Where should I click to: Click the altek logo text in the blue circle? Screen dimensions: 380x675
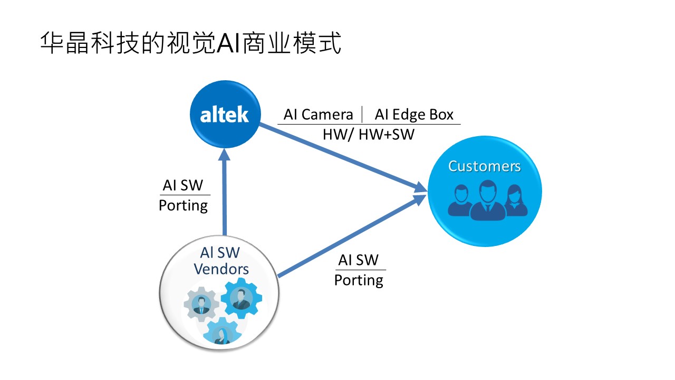pos(224,115)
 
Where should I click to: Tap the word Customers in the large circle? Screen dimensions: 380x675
pos(484,166)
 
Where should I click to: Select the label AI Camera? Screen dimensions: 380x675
pos(318,115)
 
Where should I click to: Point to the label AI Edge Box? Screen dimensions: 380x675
pos(414,115)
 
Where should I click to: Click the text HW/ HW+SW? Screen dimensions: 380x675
pos(369,135)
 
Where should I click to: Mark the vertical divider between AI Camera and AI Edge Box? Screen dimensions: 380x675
pos(363,115)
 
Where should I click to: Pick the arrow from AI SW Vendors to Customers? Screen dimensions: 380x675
pos(351,235)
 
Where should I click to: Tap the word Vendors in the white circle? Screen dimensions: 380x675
pos(221,269)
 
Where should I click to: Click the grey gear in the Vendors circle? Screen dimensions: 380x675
pos(200,303)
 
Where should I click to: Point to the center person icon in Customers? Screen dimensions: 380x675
pos(485,201)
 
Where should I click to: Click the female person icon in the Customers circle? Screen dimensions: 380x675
pos(516,202)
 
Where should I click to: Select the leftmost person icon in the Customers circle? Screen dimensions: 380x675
pos(458,201)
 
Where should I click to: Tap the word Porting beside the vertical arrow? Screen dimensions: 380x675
pos(183,205)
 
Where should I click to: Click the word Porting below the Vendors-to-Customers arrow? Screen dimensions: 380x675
pos(359,280)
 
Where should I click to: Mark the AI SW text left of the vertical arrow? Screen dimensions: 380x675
pos(183,185)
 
